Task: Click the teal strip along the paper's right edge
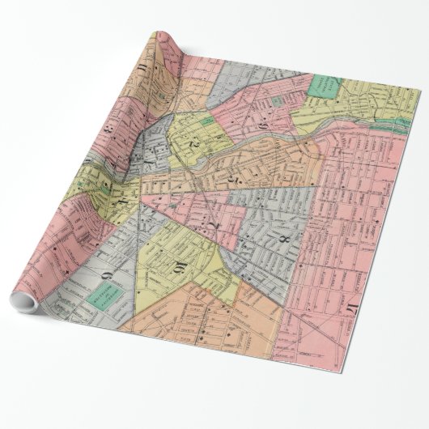pos(402,125)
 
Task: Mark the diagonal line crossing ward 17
pos(348,340)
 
